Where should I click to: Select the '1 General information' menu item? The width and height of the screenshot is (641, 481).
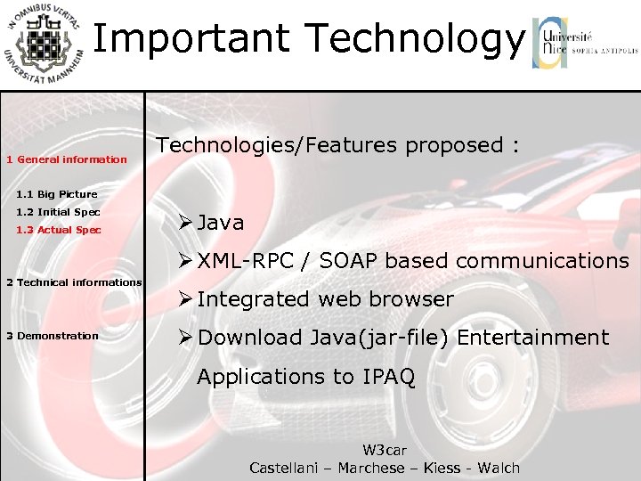coord(67,159)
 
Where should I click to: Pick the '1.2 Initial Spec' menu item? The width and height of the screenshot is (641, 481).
coord(58,212)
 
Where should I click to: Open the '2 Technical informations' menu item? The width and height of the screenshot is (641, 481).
coord(74,282)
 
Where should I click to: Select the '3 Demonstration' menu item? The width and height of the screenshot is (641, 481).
coord(53,336)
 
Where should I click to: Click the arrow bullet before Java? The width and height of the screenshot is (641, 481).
coord(185,223)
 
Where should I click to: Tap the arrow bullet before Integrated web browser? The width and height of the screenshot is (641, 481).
coord(185,299)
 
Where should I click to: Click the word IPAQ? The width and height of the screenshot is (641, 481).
coord(389,377)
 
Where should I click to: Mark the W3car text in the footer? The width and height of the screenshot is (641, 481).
coord(385,451)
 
